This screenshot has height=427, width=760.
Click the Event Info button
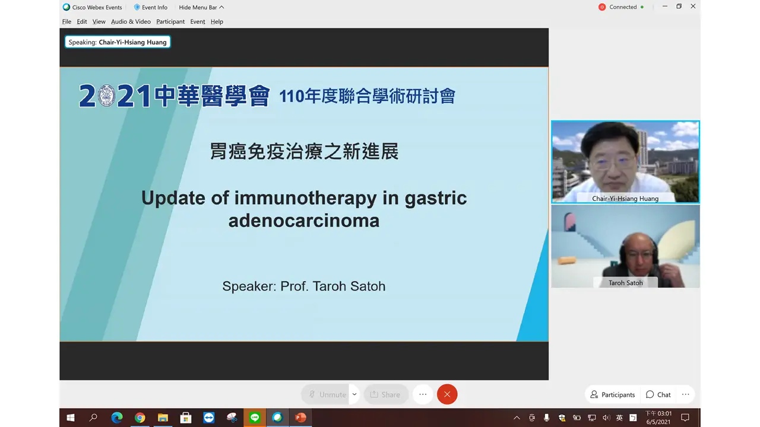pos(151,7)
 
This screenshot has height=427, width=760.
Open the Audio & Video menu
pos(131,22)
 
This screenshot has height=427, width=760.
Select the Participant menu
pos(170,22)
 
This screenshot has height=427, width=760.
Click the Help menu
pos(217,22)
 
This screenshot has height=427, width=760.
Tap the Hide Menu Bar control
pos(201,7)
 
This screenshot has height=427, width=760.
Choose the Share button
pos(386,394)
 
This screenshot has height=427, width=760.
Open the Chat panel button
pos(658,394)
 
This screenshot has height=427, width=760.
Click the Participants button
pos(612,394)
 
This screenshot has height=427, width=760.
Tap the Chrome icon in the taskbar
pos(140,418)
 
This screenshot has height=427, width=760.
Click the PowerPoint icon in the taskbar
pos(300,418)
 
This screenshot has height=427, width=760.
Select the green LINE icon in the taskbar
pos(255,418)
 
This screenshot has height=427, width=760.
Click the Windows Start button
pos(71,418)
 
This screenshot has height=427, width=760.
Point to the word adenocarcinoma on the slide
pos(303,221)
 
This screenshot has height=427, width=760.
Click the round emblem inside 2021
pos(106,95)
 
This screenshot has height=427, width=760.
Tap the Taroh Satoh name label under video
pos(625,283)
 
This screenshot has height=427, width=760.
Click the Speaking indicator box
pos(118,42)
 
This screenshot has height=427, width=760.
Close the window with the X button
pos(693,7)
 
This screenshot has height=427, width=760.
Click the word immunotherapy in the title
pos(305,198)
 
